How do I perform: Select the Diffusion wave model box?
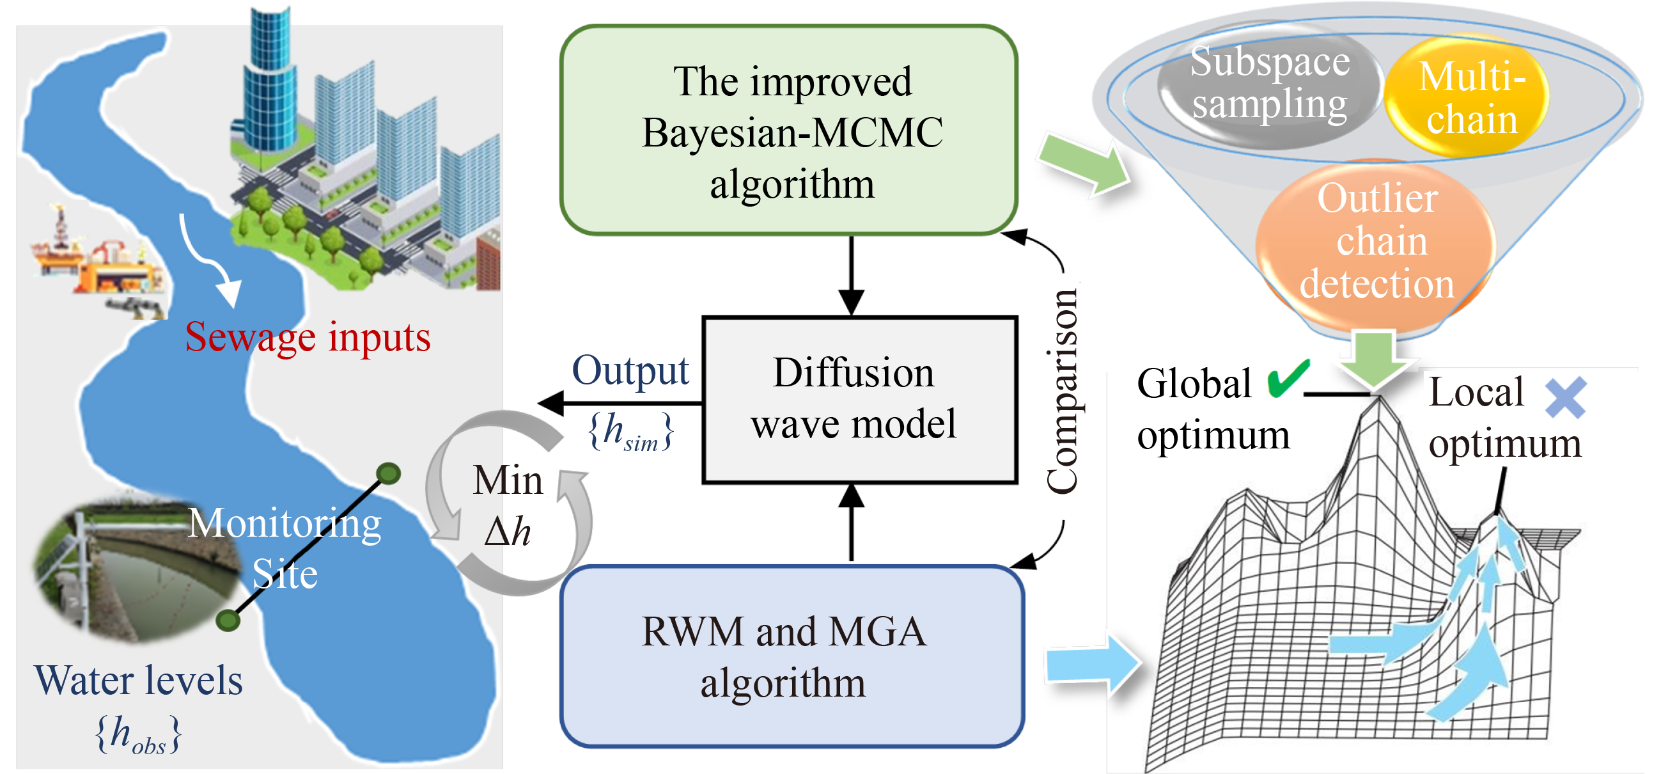tap(859, 399)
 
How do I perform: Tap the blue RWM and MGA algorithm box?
tap(792, 656)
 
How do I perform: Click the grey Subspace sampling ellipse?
tap(1269, 84)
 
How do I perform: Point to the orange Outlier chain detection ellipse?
tap(1376, 241)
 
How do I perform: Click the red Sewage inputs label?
tap(308, 336)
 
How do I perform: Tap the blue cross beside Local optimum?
tap(1566, 397)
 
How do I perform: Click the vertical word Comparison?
tap(1062, 392)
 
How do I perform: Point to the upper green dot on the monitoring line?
tap(388, 474)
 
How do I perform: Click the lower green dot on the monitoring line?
tap(228, 620)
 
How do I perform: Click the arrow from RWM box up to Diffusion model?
tap(851, 523)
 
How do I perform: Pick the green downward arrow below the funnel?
tap(1375, 359)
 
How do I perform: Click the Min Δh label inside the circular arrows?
tap(508, 506)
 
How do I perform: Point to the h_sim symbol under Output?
tap(630, 432)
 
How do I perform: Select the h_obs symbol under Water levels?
tap(139, 734)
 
